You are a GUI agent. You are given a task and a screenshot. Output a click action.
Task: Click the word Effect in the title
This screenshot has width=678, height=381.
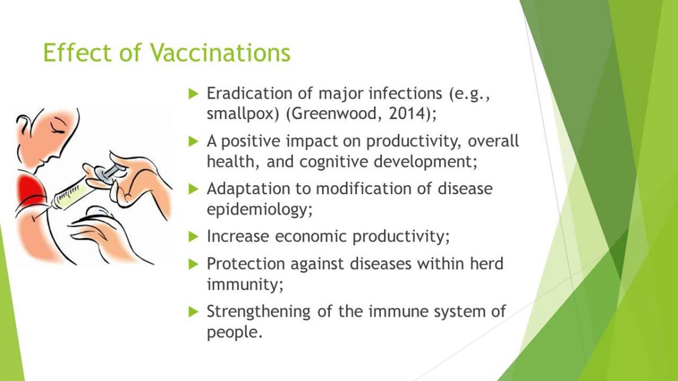click(x=78, y=52)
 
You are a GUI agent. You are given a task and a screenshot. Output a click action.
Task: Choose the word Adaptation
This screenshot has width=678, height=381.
click(x=248, y=189)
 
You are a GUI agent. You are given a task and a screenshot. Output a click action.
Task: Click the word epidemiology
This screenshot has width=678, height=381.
click(x=257, y=209)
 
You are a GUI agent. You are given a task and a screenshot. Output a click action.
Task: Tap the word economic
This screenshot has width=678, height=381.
click(x=311, y=236)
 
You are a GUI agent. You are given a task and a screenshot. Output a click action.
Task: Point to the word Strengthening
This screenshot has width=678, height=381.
click(x=259, y=312)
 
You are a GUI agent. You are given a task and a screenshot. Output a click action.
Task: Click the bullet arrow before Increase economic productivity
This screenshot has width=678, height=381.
click(x=193, y=237)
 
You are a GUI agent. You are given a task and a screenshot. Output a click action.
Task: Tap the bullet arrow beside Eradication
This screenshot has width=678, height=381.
click(x=193, y=94)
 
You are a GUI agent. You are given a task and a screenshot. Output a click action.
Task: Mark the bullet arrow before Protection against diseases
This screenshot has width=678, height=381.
click(x=193, y=264)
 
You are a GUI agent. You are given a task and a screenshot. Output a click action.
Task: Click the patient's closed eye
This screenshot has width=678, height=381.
click(x=58, y=129)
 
